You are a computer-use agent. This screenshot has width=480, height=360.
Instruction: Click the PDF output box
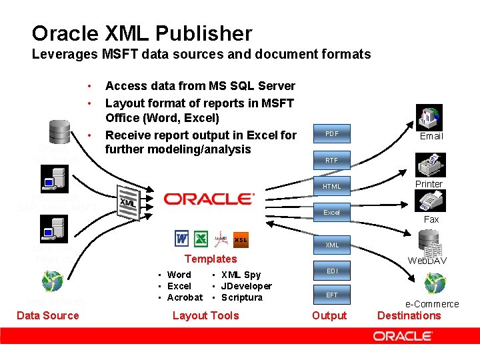[x=331, y=134]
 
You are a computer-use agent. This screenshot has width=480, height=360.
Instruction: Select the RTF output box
[x=331, y=160]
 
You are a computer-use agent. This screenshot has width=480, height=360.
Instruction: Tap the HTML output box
[x=331, y=186]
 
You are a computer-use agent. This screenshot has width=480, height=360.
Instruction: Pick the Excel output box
[x=331, y=212]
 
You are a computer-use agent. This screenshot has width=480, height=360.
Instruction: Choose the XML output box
[x=331, y=245]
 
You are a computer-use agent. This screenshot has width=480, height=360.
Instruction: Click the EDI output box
[x=331, y=271]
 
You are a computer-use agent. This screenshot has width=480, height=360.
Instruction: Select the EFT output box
[x=331, y=294]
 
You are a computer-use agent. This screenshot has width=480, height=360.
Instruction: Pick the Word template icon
[x=181, y=238]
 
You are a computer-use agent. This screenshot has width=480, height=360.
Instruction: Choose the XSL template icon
[x=241, y=239]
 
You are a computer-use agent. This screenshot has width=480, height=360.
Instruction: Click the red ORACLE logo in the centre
[x=209, y=199]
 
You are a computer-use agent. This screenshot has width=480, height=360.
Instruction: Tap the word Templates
[x=210, y=259]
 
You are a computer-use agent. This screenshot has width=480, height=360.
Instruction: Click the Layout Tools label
[x=205, y=315]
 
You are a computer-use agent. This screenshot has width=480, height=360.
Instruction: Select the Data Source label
[x=47, y=315]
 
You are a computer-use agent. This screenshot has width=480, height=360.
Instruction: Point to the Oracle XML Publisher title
[x=142, y=33]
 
